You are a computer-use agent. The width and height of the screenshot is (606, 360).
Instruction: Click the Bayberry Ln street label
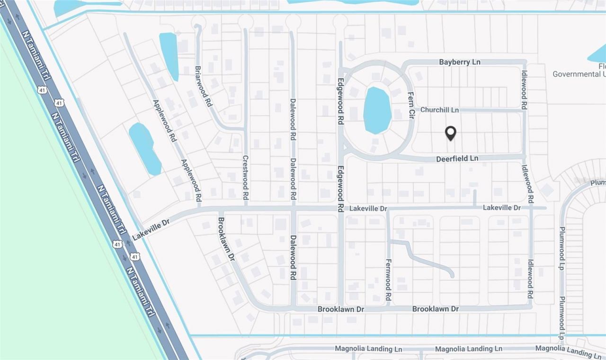(459, 62)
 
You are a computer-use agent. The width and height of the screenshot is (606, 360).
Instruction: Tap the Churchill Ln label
(439, 110)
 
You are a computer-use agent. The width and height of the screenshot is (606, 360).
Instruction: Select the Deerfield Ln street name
(457, 159)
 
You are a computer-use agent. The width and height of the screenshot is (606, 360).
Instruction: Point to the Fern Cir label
(411, 104)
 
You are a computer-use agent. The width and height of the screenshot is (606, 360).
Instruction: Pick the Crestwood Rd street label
(245, 177)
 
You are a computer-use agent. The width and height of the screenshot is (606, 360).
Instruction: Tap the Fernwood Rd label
(388, 280)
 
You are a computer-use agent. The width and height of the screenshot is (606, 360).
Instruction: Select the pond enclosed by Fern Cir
(377, 111)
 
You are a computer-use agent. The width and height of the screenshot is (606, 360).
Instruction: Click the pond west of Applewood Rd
(144, 148)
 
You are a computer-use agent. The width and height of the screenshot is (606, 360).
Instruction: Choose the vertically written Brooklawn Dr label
(226, 240)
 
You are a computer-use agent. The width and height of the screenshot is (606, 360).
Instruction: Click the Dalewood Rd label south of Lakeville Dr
(293, 257)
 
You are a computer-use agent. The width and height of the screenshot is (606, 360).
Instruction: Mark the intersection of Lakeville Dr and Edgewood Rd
(340, 208)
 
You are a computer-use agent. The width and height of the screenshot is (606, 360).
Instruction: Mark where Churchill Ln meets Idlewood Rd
(523, 111)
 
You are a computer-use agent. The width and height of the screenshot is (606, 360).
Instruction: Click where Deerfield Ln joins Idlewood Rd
(524, 157)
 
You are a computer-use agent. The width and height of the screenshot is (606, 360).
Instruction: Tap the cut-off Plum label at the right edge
(597, 182)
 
